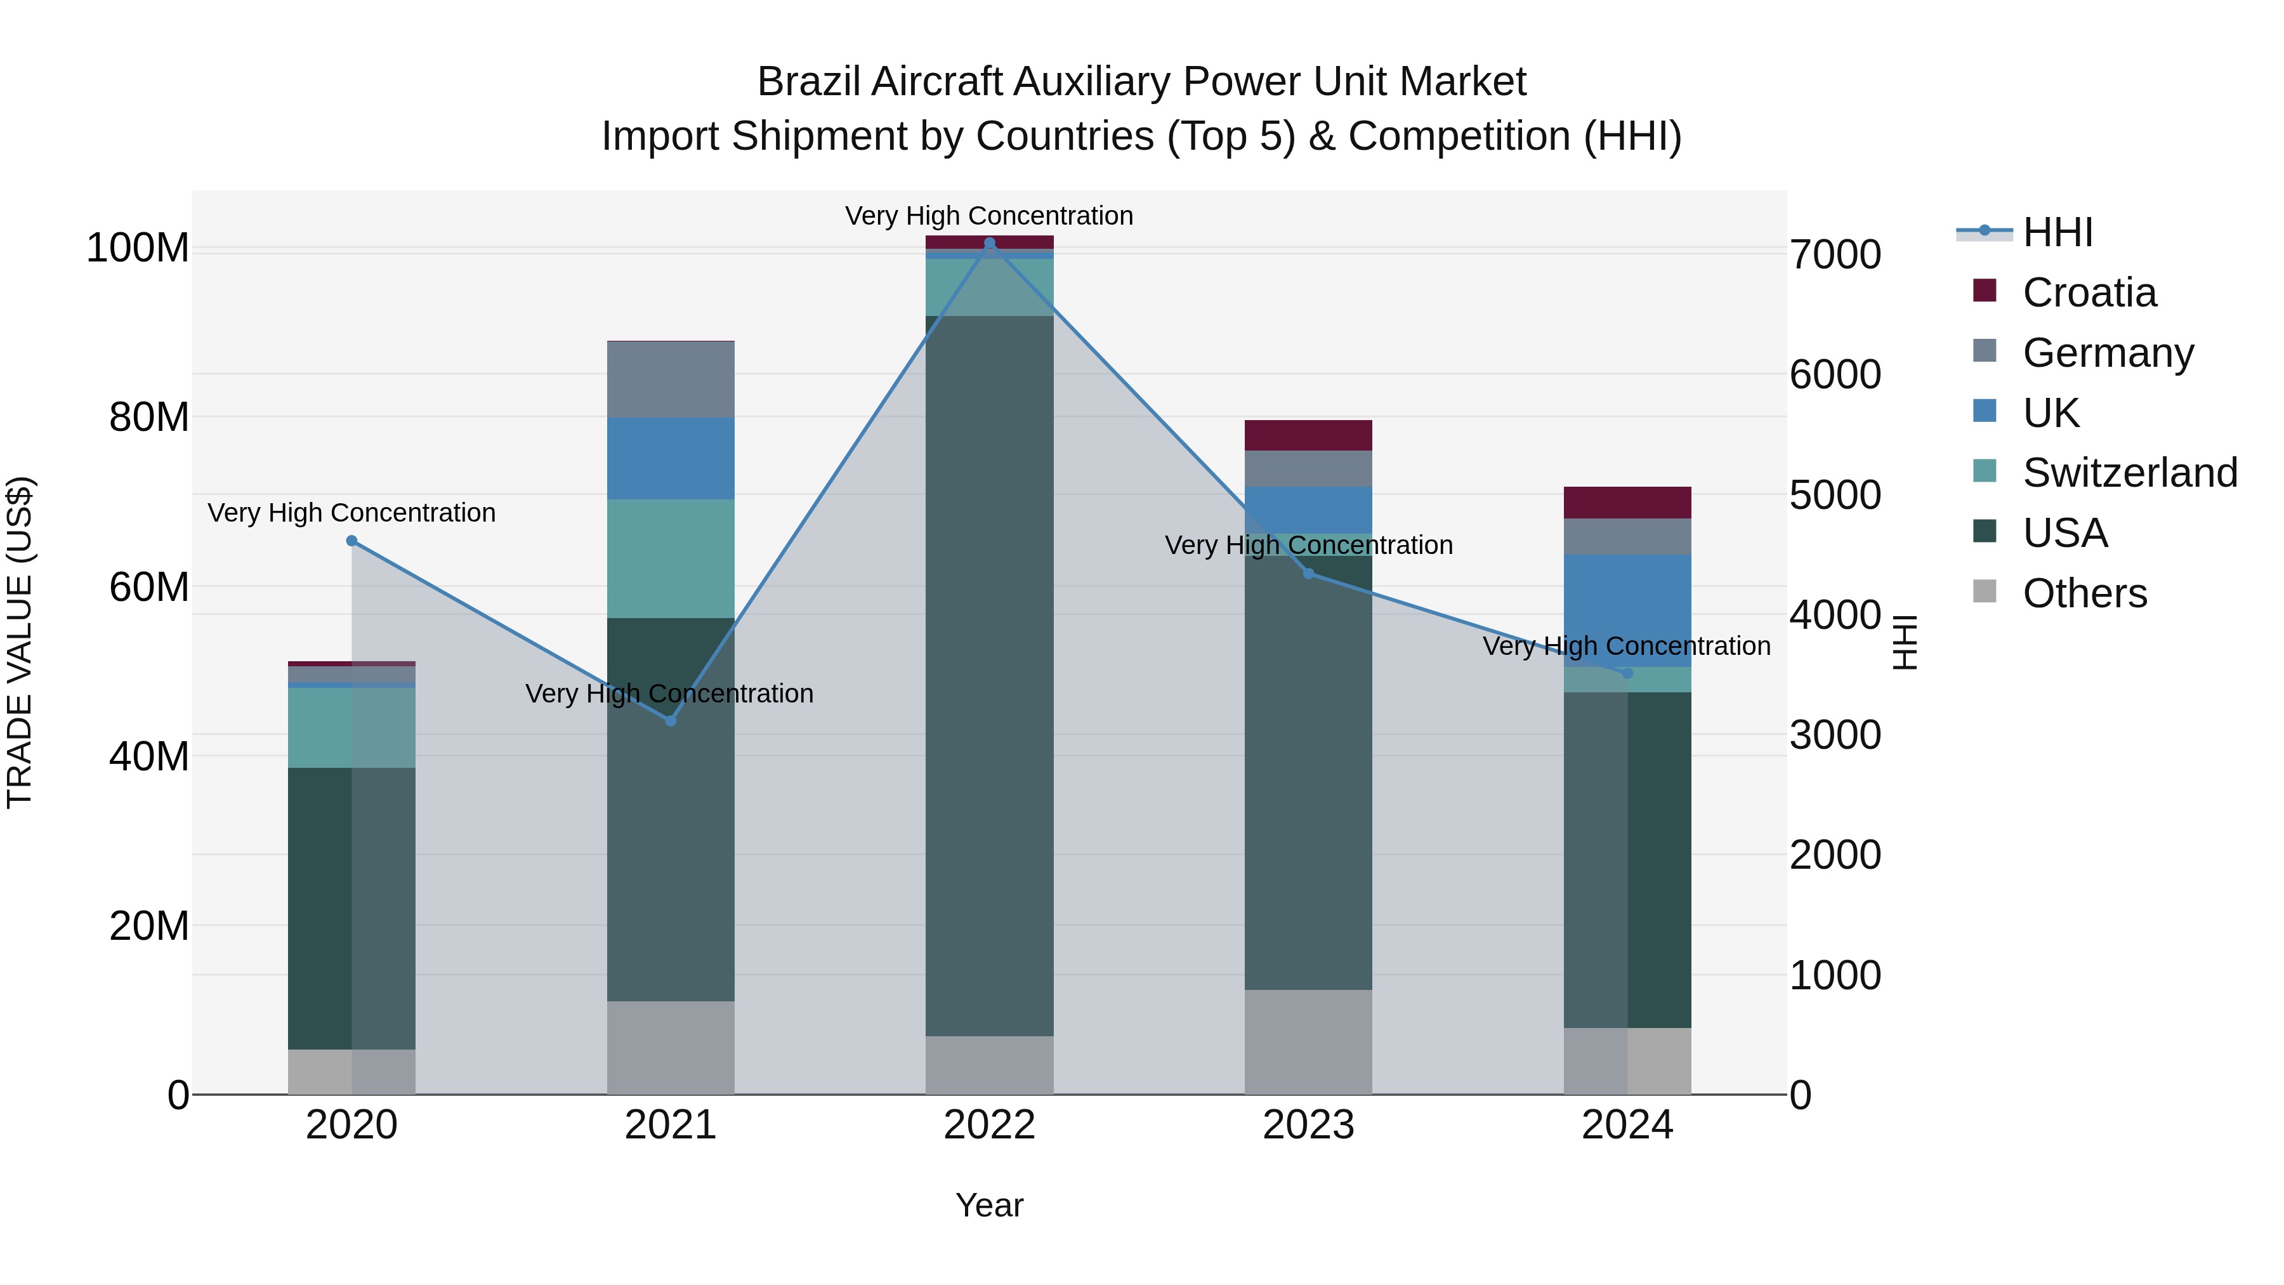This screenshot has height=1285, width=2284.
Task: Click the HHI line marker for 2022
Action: pyautogui.click(x=990, y=243)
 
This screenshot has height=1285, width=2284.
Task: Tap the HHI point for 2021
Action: pyautogui.click(x=671, y=721)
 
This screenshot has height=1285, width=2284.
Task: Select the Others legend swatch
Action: pyautogui.click(x=1985, y=591)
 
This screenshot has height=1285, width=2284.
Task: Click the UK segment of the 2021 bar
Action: pyautogui.click(x=671, y=459)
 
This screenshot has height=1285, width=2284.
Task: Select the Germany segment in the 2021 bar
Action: pyautogui.click(x=671, y=379)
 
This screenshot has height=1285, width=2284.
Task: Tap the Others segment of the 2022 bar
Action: pyautogui.click(x=990, y=1064)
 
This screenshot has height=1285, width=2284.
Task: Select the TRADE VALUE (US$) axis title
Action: pyautogui.click(x=20, y=642)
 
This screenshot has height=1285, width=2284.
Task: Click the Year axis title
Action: pyautogui.click(x=990, y=1205)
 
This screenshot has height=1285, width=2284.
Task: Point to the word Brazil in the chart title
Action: pyautogui.click(x=809, y=82)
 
